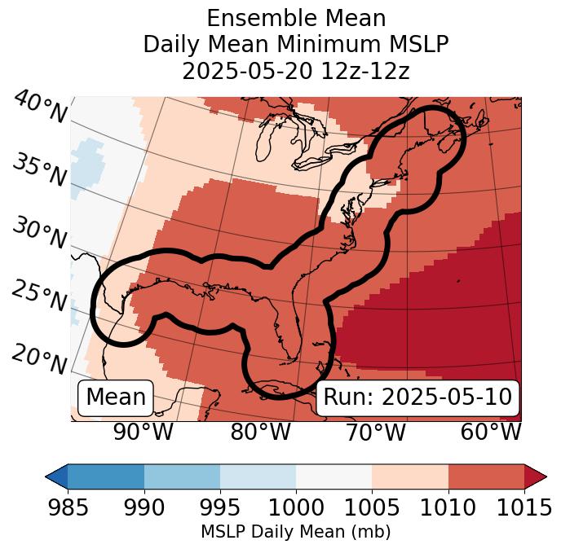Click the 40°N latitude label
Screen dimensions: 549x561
point(39,108)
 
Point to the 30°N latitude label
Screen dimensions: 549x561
point(39,234)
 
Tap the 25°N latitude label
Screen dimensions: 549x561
point(39,296)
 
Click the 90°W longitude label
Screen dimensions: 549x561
point(143,432)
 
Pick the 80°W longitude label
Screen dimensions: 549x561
point(260,432)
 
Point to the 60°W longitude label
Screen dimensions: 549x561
point(491,432)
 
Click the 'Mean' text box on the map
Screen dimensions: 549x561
point(116,397)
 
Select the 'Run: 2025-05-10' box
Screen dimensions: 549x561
point(417,397)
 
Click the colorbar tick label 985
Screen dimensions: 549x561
point(68,508)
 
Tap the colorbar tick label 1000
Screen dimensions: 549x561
point(295,508)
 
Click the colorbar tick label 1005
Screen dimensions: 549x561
point(372,508)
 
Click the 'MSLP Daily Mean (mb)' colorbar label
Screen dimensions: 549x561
point(295,533)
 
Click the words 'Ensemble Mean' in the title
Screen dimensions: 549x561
point(295,18)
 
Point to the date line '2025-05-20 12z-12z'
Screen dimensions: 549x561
point(295,72)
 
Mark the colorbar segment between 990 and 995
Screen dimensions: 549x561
point(182,477)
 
